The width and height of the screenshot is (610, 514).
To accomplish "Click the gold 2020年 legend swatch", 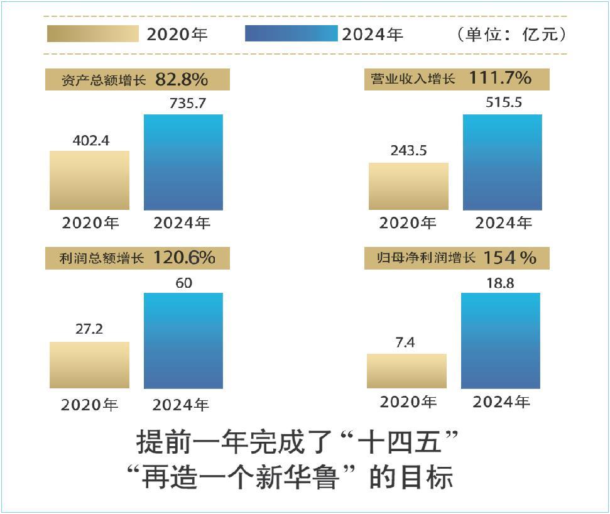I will pos(92,33).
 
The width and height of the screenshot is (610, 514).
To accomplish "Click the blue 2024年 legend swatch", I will pos(291,33).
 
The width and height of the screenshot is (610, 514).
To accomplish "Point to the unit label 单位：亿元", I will pos(511,34).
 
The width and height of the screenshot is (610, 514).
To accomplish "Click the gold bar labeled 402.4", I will pos(89,180).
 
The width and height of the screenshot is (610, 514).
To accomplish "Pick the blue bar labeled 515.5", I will pos(502,162).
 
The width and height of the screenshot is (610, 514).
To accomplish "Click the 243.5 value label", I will pos(408,152).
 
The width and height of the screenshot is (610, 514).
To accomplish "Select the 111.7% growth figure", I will pos(499,79).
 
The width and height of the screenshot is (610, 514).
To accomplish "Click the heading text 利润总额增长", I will pos(102,258).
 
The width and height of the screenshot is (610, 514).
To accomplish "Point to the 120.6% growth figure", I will pos(184,258).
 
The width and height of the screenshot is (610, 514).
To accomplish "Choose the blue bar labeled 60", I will pos(183,341).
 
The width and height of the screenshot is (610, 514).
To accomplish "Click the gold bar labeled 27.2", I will pos(89,365).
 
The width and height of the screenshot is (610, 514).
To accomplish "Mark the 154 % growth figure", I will pos(509,258).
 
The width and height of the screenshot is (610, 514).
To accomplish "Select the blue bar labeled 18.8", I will pos(500,341).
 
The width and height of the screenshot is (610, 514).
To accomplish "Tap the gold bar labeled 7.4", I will pos(406,371).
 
